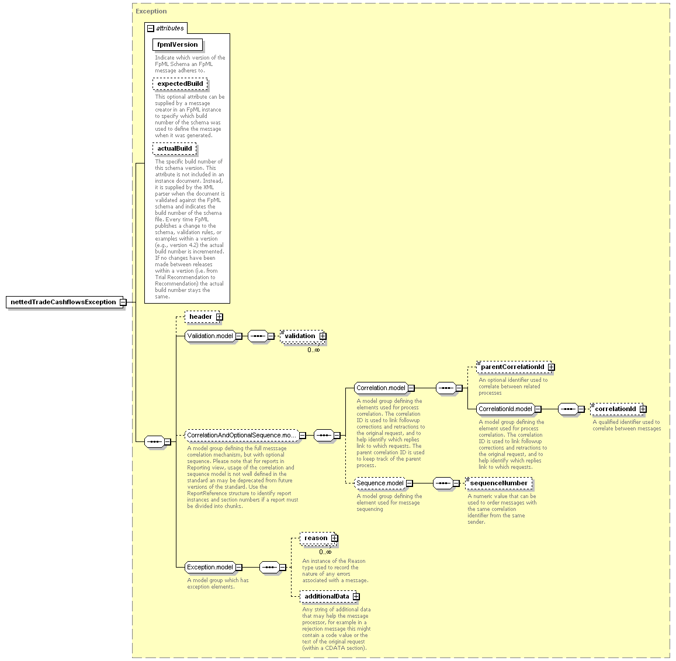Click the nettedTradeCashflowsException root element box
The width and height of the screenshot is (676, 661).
click(63, 302)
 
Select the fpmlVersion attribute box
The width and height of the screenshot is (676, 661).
click(177, 44)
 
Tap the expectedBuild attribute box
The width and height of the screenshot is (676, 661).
click(180, 84)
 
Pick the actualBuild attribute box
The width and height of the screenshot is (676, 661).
click(174, 148)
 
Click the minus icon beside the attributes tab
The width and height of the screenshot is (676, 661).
click(151, 29)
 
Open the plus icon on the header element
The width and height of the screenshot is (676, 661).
click(220, 317)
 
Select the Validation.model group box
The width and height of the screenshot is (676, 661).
click(210, 336)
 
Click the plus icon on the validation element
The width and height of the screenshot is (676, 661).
click(323, 336)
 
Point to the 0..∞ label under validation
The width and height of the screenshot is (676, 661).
click(313, 350)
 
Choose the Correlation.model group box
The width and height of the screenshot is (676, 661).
click(381, 388)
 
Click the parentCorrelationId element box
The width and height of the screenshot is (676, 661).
click(512, 367)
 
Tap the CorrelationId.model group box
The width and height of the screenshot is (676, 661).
click(505, 409)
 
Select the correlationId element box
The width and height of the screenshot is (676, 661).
click(615, 409)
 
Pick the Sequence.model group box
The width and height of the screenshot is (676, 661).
click(380, 483)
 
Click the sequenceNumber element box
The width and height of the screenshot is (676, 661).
click(499, 483)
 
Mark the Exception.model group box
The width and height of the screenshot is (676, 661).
click(210, 568)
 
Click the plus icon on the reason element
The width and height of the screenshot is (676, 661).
click(335, 538)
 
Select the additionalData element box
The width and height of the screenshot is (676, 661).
click(327, 597)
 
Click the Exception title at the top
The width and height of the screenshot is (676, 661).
click(151, 11)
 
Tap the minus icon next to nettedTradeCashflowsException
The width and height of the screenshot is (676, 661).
click(123, 302)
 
